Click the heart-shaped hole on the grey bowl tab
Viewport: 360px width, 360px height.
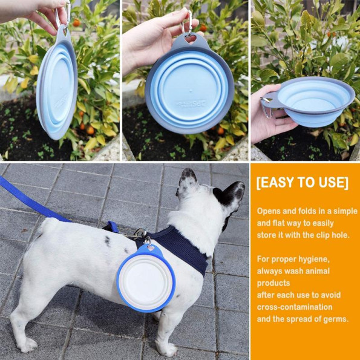click(x=191, y=39)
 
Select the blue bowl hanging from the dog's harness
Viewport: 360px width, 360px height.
click(x=146, y=278)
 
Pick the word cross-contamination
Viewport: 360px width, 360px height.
click(x=295, y=307)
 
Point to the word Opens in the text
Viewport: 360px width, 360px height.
click(x=269, y=211)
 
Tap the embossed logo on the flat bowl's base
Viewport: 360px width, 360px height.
click(x=191, y=103)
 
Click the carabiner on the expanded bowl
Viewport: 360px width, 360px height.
click(x=267, y=107)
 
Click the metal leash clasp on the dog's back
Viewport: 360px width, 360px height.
click(x=139, y=234)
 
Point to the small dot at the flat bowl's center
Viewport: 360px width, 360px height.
click(x=190, y=88)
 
